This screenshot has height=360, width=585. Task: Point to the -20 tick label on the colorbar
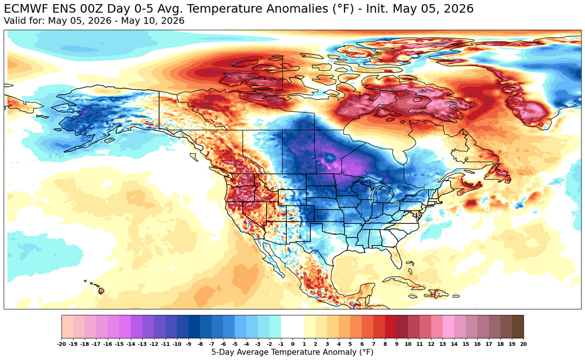pos(62,344)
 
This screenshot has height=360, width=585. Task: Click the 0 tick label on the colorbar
pos(292,344)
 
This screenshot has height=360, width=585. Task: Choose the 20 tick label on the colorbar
pos(523,344)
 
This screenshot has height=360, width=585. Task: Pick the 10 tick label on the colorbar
pos(408,344)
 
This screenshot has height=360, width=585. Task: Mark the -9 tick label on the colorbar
pos(188,344)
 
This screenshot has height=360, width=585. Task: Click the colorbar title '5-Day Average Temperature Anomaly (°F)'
pos(292,352)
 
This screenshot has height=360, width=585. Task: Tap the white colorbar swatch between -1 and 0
pos(287,327)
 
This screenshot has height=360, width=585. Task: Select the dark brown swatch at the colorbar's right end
pos(518,327)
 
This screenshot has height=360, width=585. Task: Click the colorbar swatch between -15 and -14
pos(125,327)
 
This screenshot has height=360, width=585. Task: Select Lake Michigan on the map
pos(376,196)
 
